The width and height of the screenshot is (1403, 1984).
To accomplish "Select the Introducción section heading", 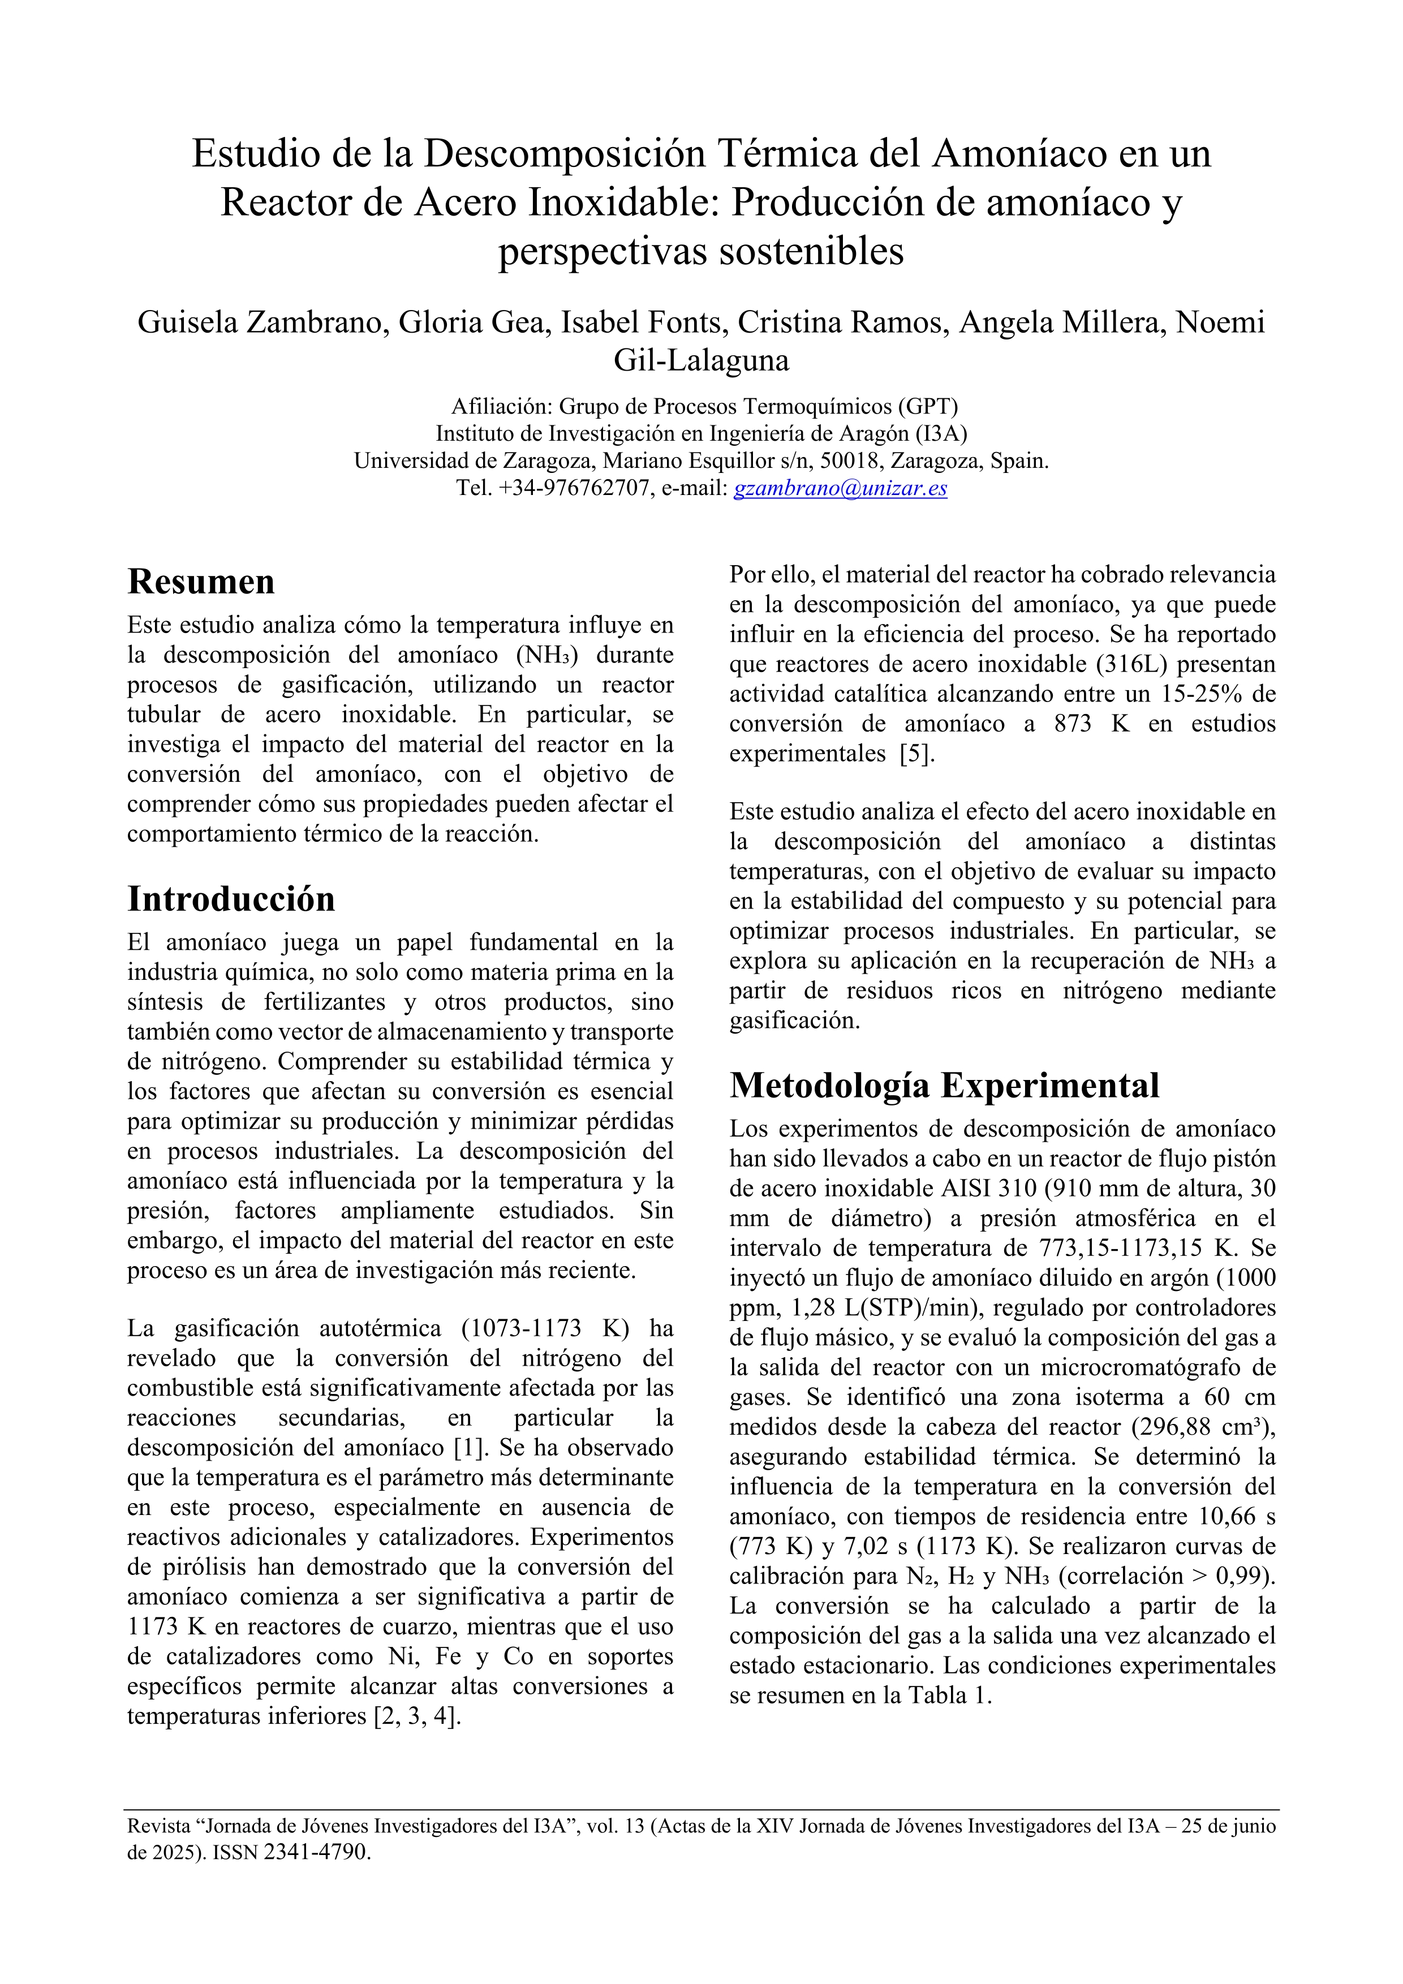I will tap(231, 899).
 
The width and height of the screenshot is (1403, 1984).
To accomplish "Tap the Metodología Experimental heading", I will tap(944, 1085).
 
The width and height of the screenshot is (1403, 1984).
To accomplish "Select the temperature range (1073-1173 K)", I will tap(544, 1328).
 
